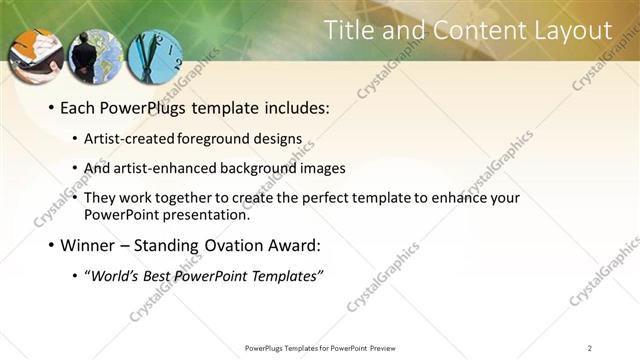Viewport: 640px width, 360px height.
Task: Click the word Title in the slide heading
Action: [x=352, y=31]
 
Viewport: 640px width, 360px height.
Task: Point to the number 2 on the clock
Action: [x=177, y=61]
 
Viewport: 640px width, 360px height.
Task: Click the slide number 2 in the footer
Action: [x=590, y=348]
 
